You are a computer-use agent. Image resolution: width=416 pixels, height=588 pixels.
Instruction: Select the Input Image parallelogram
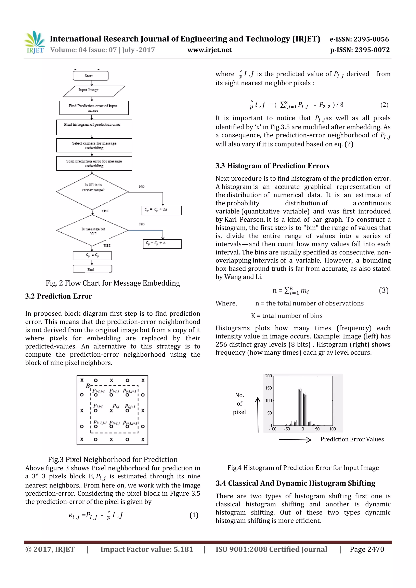[94, 91]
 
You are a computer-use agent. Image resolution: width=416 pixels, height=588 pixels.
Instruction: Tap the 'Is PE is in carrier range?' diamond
[92, 192]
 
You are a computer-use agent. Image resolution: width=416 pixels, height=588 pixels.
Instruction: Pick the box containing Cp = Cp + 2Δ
[161, 210]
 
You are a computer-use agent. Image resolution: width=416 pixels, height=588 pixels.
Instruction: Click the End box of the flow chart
[92, 269]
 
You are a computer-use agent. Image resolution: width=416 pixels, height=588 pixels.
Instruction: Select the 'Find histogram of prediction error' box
[94, 127]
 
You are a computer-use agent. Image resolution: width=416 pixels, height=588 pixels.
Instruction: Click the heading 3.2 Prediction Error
[58, 296]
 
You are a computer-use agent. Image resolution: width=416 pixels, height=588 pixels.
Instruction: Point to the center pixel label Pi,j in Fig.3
[116, 406]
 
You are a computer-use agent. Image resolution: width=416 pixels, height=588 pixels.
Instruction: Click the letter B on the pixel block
[88, 386]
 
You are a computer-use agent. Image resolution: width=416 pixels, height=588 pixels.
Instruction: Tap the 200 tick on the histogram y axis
[268, 376]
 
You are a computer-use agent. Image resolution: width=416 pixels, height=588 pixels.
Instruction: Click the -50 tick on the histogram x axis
[287, 429]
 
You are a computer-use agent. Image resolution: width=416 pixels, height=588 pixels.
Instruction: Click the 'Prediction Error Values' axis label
[352, 439]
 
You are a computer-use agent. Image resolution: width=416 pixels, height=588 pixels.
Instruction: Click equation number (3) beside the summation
[383, 290]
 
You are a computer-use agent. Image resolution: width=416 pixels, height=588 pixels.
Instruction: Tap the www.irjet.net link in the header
[209, 50]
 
